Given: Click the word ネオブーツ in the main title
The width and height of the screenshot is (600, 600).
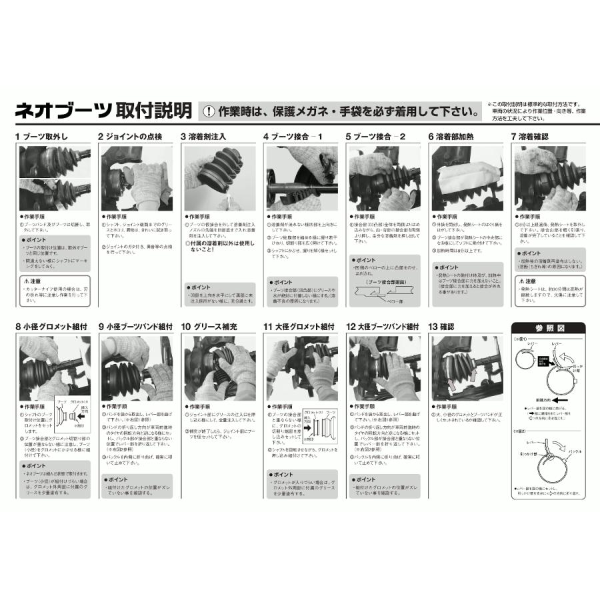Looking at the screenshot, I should click(63, 110).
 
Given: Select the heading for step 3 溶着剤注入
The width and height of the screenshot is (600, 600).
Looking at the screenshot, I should click(203, 137).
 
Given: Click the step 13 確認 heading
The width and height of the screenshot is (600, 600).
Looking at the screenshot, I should click(441, 327).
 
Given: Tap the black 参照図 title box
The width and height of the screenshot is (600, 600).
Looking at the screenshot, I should click(547, 328).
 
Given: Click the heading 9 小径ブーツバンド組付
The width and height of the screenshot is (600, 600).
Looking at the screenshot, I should click(137, 327).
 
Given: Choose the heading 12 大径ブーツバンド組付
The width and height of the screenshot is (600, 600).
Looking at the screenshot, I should click(383, 327).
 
